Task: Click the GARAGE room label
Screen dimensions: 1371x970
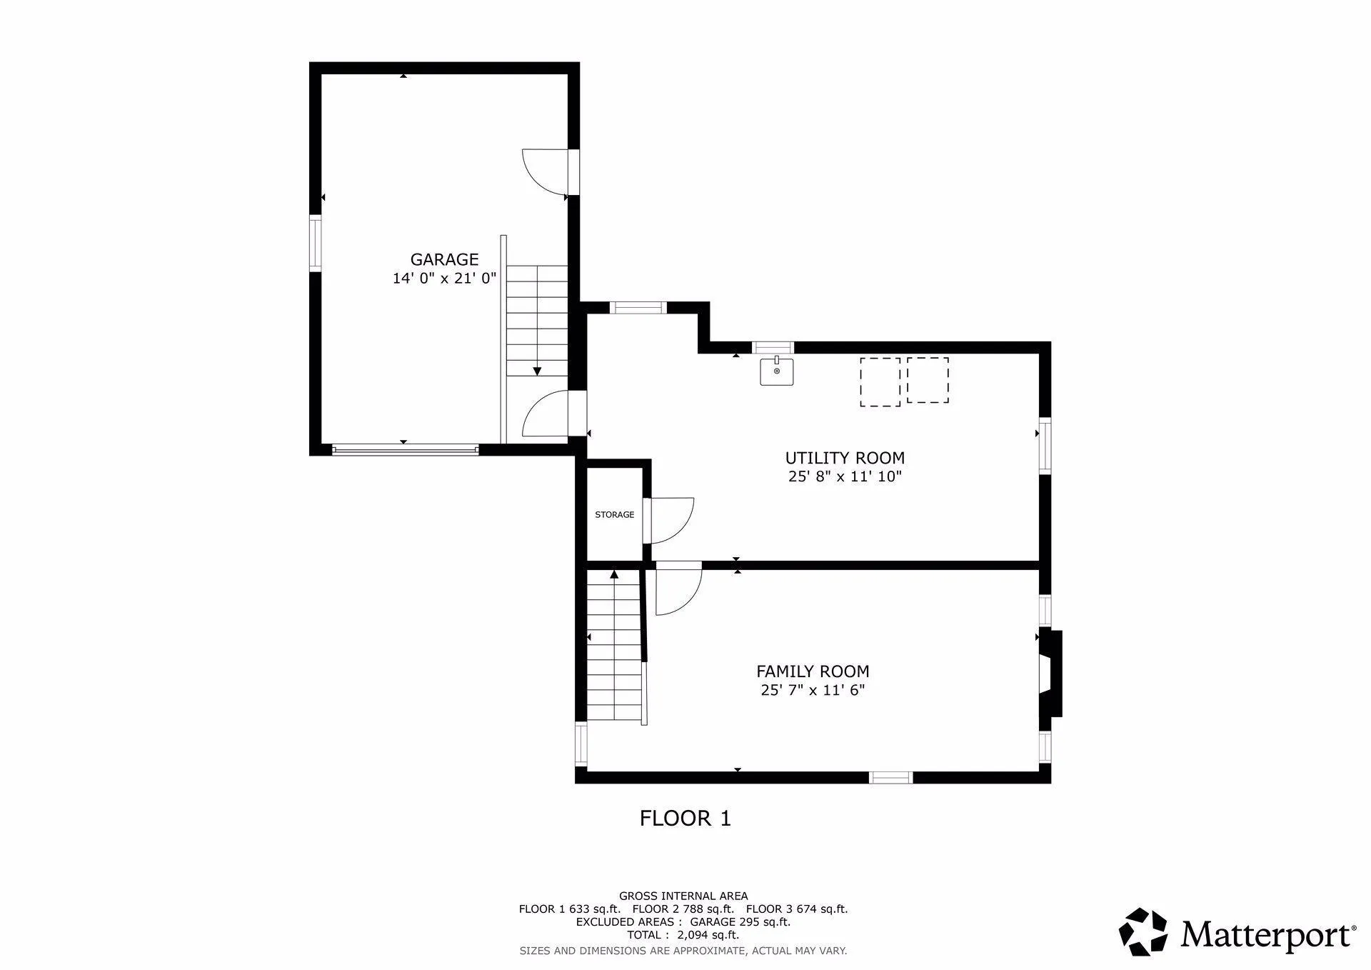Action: point(444,259)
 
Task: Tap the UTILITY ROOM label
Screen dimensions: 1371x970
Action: point(845,458)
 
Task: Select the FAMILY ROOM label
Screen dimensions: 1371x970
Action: point(813,671)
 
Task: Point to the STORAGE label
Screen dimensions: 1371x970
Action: point(614,514)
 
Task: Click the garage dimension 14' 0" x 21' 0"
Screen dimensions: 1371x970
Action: point(444,279)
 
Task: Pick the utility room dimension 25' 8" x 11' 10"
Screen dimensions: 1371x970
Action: point(845,476)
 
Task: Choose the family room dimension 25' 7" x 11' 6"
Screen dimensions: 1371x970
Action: point(813,690)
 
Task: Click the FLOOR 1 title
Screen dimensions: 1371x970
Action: point(685,818)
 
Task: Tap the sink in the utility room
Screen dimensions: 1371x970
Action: point(776,371)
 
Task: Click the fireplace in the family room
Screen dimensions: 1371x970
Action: point(1050,673)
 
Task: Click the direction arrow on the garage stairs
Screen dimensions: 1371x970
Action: point(537,371)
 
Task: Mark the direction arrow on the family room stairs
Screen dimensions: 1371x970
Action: point(614,574)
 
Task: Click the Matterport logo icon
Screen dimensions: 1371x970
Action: point(1142,931)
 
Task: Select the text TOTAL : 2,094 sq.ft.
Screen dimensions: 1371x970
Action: point(683,935)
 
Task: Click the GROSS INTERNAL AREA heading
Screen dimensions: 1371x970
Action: point(683,896)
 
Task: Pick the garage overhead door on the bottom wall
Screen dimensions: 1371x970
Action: point(405,449)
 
